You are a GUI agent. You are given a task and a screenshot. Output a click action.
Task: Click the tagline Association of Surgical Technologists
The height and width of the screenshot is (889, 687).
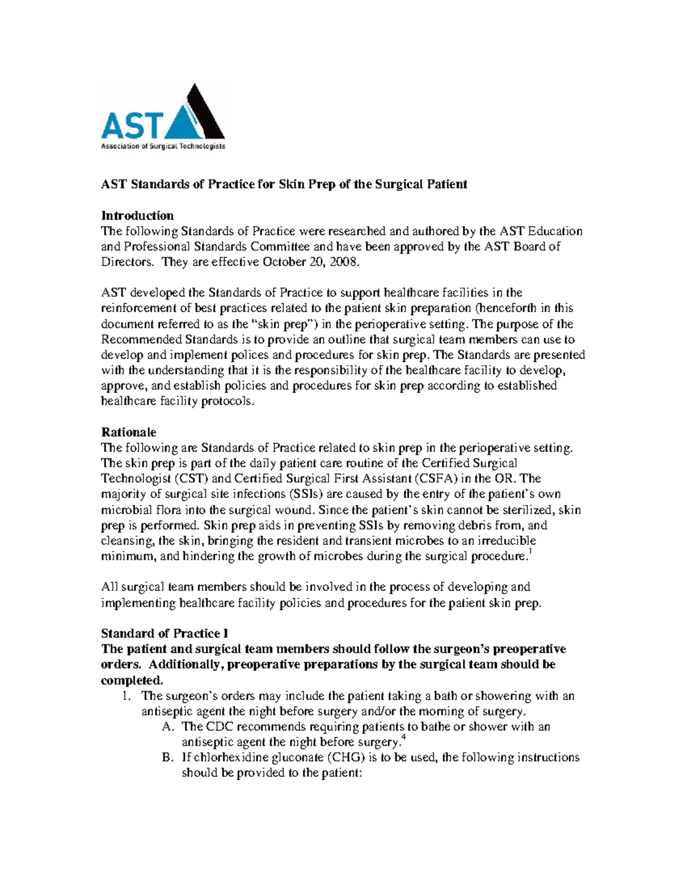point(163,147)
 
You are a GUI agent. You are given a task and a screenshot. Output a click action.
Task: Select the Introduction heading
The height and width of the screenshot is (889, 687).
point(137,216)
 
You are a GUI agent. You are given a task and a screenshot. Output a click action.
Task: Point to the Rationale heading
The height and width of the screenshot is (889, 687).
point(128,432)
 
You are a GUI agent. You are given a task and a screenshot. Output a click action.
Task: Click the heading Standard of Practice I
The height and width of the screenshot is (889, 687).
point(164,633)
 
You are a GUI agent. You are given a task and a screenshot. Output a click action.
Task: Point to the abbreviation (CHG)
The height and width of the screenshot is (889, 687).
point(346,757)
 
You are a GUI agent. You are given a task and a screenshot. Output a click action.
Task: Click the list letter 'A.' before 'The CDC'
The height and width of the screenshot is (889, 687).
point(167,727)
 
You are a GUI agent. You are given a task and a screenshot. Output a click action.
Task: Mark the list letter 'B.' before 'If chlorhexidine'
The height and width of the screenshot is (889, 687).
point(167,758)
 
